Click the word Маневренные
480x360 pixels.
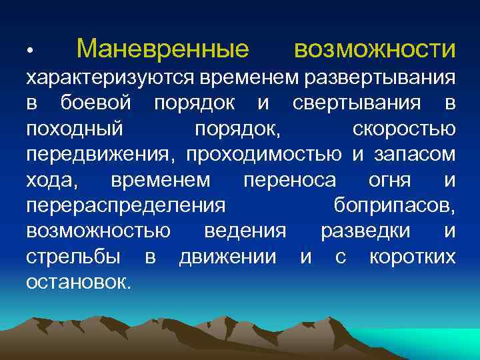click(x=163, y=49)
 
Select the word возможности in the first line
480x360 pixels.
click(x=375, y=49)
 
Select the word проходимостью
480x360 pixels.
click(x=264, y=155)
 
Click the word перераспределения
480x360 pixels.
click(x=125, y=205)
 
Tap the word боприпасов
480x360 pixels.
click(x=393, y=205)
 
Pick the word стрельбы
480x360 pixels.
click(x=73, y=256)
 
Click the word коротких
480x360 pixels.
click(x=413, y=256)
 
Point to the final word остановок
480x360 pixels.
click(x=79, y=281)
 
